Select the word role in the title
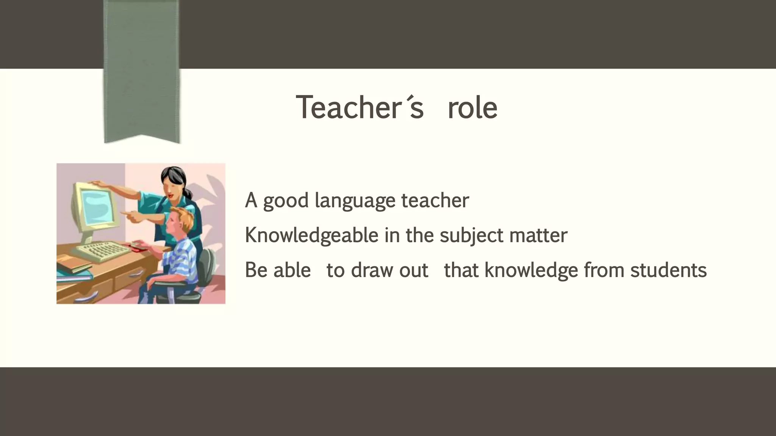472,107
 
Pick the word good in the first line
286,201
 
